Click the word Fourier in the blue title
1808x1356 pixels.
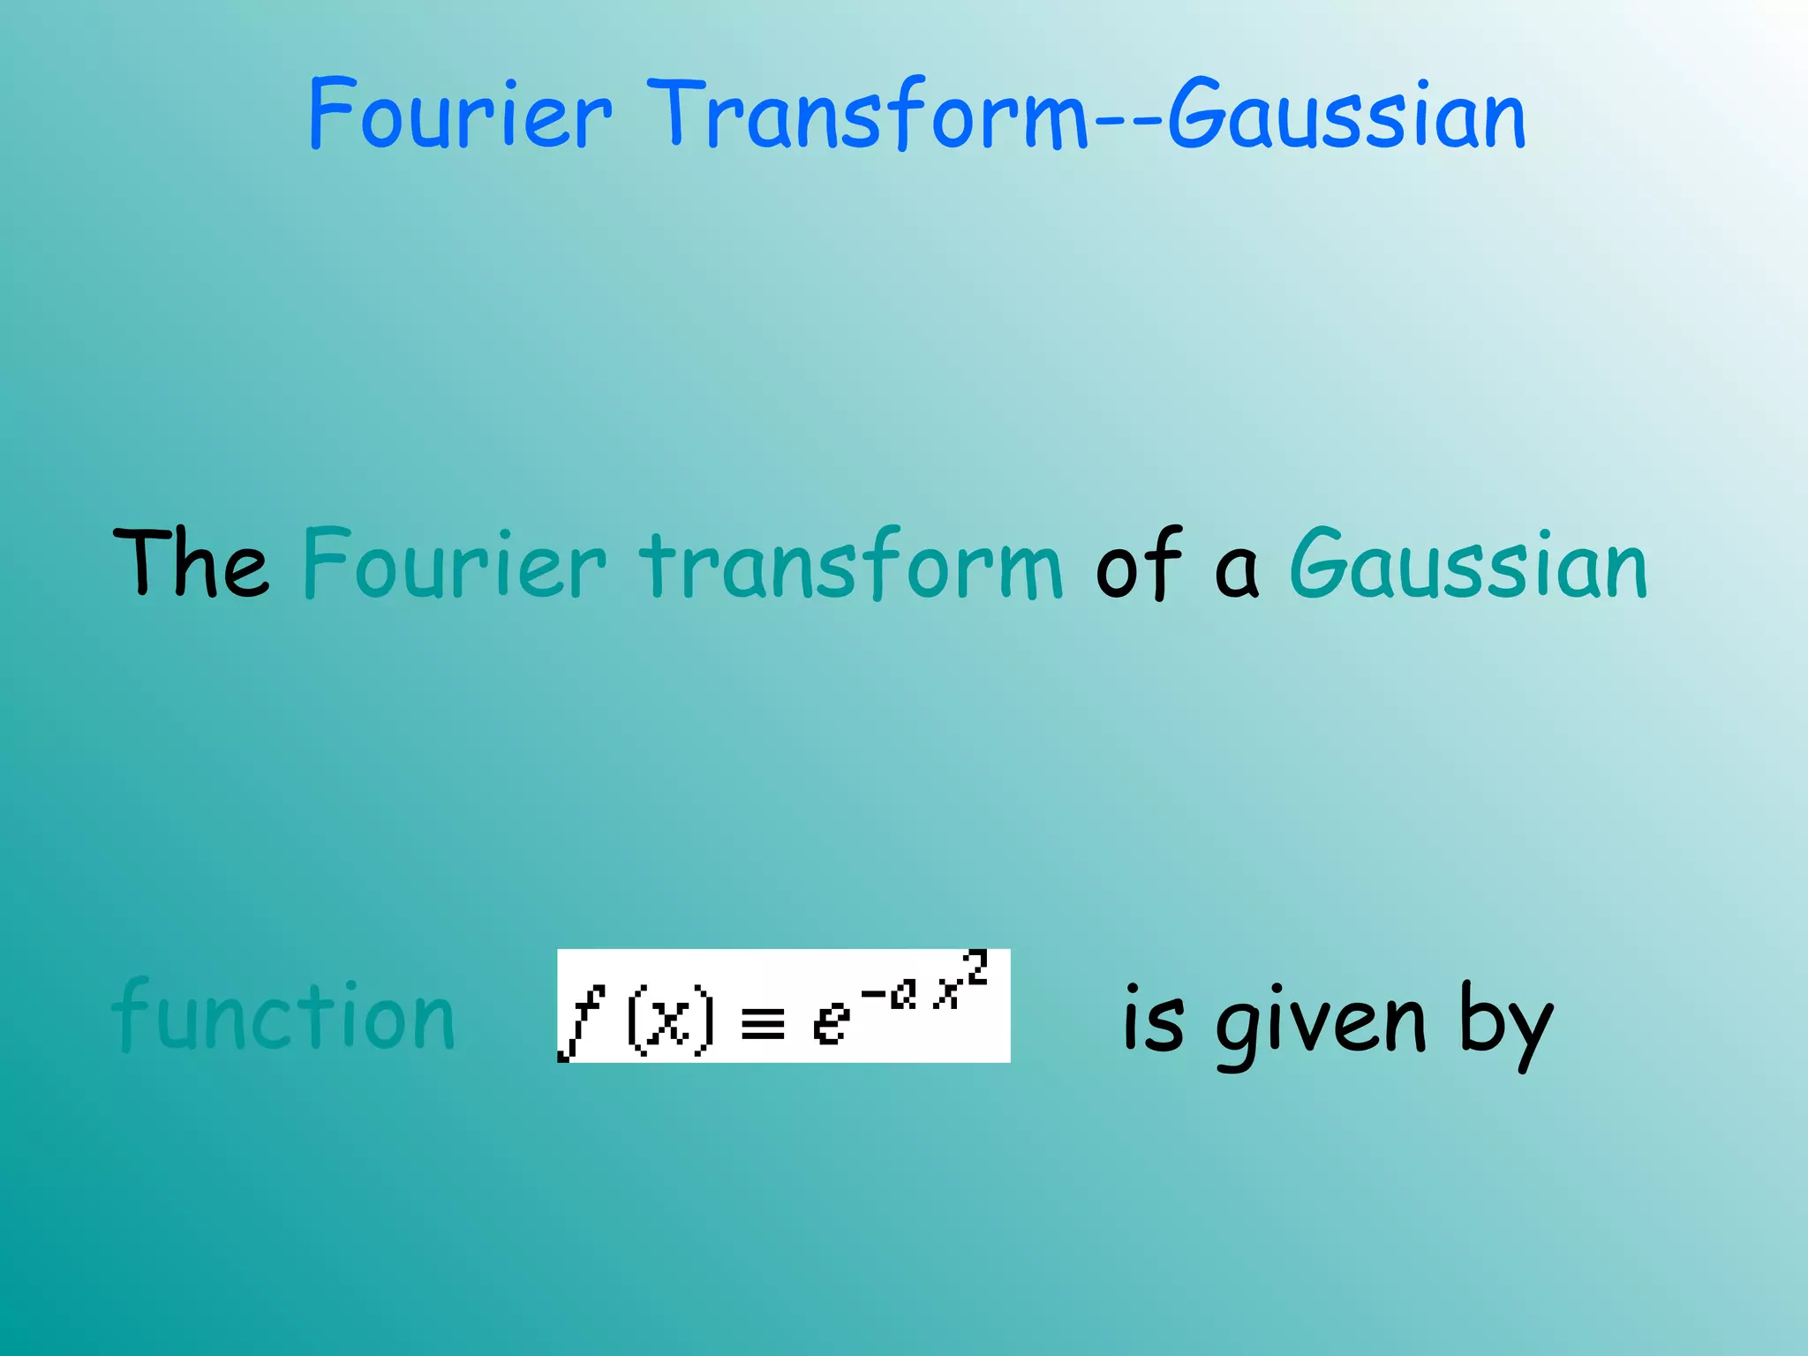(459, 115)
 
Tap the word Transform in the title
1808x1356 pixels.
(869, 115)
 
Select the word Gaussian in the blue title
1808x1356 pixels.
(1347, 115)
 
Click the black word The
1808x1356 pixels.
(191, 563)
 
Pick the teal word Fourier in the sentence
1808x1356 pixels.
(455, 565)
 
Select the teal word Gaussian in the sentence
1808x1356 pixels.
(1468, 565)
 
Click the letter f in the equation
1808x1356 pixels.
(583, 1021)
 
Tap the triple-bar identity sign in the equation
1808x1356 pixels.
(763, 1027)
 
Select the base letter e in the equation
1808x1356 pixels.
(830, 1024)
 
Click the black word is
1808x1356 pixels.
(1153, 1020)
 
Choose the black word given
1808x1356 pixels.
(1321, 1024)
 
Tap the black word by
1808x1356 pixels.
(1505, 1024)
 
